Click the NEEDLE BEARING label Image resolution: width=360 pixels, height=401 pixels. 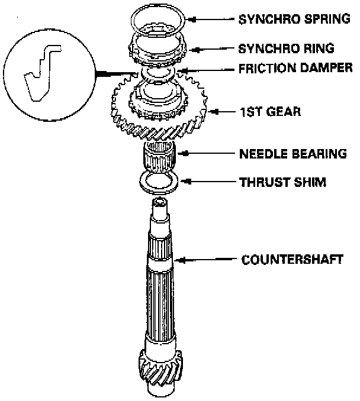tap(292, 154)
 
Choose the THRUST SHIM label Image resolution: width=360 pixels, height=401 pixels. tap(282, 182)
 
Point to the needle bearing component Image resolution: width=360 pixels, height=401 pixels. tap(159, 157)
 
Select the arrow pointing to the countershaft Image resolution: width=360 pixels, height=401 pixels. tap(207, 259)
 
